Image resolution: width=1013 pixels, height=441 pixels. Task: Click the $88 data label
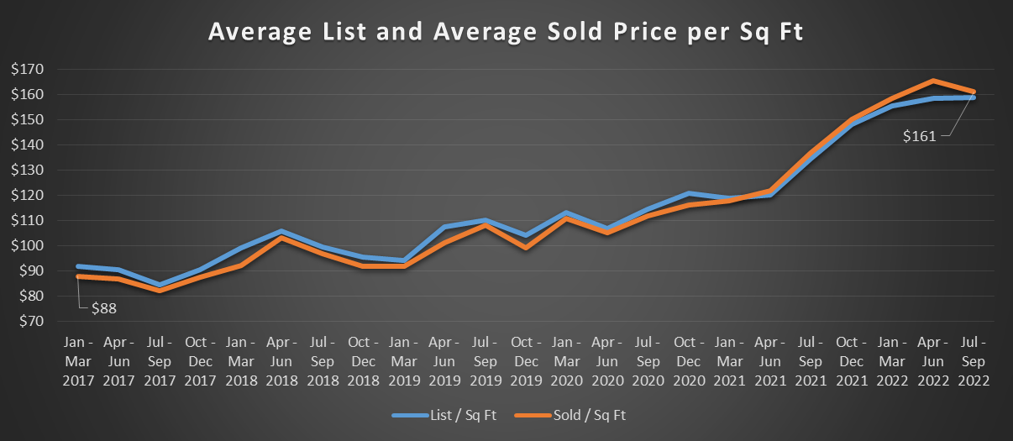pyautogui.click(x=102, y=308)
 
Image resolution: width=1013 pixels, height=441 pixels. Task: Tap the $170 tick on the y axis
pyautogui.click(x=30, y=69)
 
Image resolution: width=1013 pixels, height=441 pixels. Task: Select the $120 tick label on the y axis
pyautogui.click(x=30, y=195)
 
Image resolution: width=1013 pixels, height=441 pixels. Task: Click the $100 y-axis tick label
pyautogui.click(x=30, y=245)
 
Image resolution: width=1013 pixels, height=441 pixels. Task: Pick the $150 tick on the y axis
pyautogui.click(x=30, y=119)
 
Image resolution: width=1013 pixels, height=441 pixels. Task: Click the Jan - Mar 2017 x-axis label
pyautogui.click(x=78, y=360)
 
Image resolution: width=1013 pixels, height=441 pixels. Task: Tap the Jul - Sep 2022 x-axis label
pyautogui.click(x=974, y=360)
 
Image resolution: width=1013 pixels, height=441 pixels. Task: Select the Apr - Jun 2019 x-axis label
pyautogui.click(x=444, y=360)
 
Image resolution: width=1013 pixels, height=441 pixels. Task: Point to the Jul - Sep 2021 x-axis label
pyautogui.click(x=810, y=360)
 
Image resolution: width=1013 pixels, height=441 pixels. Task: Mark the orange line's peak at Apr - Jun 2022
pyautogui.click(x=932, y=81)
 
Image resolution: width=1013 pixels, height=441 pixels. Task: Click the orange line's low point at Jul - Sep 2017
pyautogui.click(x=160, y=290)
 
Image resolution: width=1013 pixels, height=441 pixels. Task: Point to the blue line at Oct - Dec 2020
pyautogui.click(x=688, y=193)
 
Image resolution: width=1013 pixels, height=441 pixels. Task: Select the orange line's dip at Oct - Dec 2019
pyautogui.click(x=525, y=248)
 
